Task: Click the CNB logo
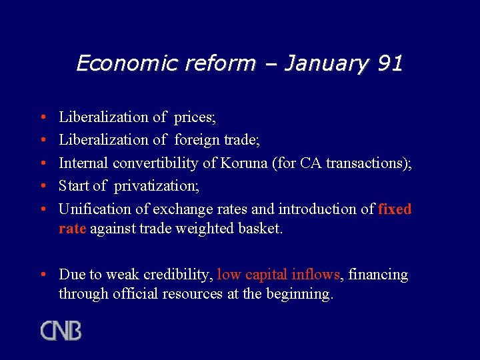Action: (x=61, y=331)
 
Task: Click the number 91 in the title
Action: (x=390, y=63)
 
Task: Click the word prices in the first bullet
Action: (x=194, y=117)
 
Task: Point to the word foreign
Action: (x=198, y=140)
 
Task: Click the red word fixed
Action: (x=395, y=209)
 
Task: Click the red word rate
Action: (x=72, y=229)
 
